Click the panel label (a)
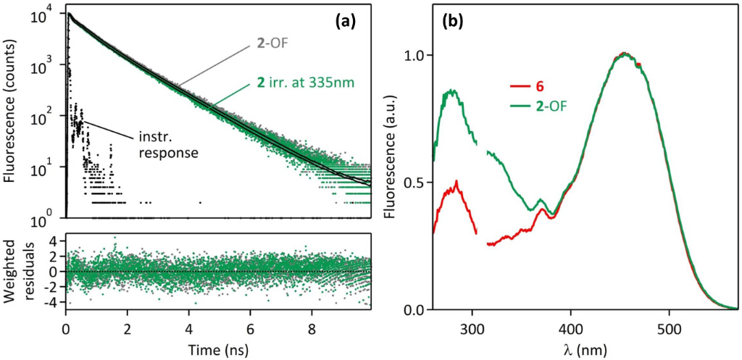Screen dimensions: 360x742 pos(343,22)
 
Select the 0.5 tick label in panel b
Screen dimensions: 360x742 pos(414,183)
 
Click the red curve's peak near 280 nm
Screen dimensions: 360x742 pos(457,182)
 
